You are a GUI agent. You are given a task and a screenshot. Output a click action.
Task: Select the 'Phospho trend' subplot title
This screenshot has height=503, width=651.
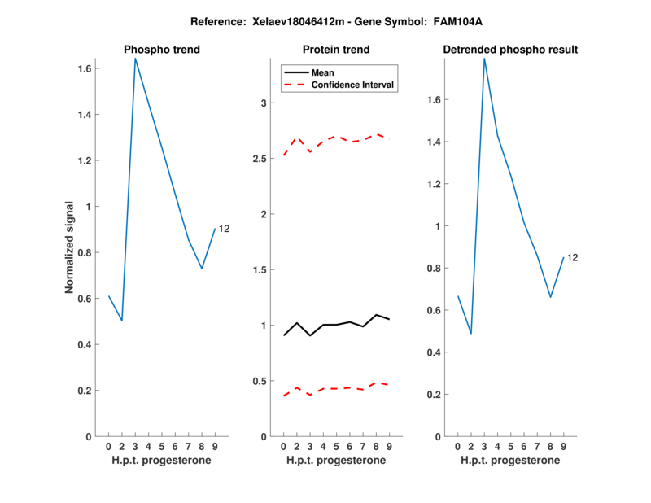162,50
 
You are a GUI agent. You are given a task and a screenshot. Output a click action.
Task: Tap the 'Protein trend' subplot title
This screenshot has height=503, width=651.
336,50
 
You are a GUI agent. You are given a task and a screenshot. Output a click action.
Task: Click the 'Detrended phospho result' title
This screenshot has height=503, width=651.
510,50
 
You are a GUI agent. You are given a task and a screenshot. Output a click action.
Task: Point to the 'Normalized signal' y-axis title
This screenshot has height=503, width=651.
71,247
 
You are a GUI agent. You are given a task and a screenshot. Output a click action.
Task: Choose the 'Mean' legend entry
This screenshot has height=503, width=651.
323,72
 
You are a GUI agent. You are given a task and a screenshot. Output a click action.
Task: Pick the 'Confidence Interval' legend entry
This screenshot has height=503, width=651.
353,85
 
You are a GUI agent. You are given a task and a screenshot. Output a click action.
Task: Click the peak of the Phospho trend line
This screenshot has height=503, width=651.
135,59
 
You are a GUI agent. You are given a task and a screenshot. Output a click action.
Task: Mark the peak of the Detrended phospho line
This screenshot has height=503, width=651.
484,59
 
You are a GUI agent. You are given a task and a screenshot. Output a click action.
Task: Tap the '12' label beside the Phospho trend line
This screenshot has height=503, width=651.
224,230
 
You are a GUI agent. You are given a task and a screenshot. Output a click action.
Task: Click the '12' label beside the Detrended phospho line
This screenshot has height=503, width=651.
572,258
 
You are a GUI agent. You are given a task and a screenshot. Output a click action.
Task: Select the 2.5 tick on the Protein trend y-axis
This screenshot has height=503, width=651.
259,159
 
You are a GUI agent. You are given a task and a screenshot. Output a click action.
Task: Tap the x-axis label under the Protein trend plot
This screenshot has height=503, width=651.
336,461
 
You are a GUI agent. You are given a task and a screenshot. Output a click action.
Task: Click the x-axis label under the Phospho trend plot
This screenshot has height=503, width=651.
162,461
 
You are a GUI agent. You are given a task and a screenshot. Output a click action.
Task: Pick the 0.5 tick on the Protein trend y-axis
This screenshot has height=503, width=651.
259,381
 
